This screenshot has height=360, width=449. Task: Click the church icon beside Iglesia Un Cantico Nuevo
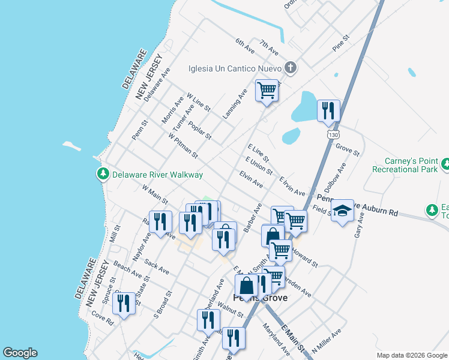[291, 67]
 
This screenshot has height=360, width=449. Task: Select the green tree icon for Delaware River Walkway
[103, 174]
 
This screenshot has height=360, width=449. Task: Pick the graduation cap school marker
[342, 211]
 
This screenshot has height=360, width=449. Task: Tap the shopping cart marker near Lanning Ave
[267, 91]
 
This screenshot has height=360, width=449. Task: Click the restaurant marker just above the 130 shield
[328, 110]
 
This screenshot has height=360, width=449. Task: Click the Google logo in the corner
[20, 353]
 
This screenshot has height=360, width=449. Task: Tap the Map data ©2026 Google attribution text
[412, 355]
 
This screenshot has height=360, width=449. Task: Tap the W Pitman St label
[183, 146]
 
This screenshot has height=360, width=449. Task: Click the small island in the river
[71, 146]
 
